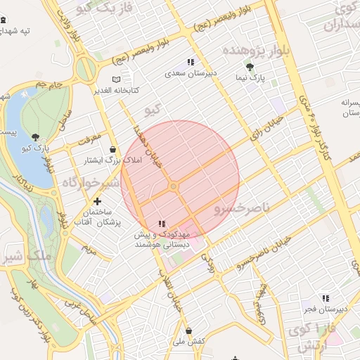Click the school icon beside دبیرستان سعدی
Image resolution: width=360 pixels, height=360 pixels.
191,63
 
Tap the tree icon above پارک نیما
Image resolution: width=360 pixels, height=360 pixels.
250,66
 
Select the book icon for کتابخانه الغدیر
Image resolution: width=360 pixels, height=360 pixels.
116,79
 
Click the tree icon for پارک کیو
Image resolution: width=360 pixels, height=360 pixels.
36,136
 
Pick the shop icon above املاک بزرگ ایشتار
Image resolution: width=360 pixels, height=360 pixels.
113,149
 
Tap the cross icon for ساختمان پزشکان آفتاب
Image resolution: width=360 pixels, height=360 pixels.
107,202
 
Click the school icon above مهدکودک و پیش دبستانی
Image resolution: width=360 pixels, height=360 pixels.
162,224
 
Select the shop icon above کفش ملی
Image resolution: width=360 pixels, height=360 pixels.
188,330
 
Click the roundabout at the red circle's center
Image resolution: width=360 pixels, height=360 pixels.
173,186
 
